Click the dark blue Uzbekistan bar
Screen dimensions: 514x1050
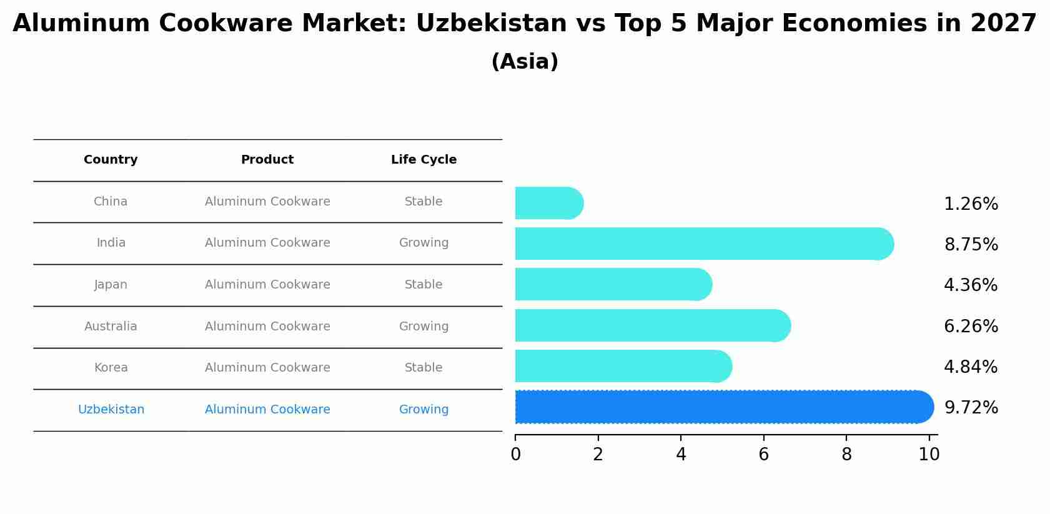tap(718, 407)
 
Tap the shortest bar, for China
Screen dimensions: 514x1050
tap(547, 203)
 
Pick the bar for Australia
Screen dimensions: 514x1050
tap(650, 325)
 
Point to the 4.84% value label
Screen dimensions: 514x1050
tap(971, 367)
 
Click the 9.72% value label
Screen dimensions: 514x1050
tap(971, 408)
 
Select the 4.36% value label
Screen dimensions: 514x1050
tap(971, 285)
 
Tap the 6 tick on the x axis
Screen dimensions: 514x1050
tap(763, 455)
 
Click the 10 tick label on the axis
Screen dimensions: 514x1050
tap(929, 455)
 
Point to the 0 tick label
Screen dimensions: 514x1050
tap(515, 455)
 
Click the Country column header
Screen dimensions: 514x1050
tap(111, 160)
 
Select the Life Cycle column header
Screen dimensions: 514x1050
tap(423, 160)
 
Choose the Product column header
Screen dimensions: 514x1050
tap(267, 160)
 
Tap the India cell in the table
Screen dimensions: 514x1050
tap(111, 243)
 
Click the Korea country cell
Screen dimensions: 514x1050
tap(111, 368)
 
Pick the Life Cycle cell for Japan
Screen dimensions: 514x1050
tap(423, 285)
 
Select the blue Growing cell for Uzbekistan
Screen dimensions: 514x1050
tap(423, 410)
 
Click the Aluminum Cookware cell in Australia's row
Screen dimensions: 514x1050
tap(267, 327)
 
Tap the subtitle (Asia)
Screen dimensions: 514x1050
tap(525, 62)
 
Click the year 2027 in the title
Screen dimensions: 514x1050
tap(1003, 24)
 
